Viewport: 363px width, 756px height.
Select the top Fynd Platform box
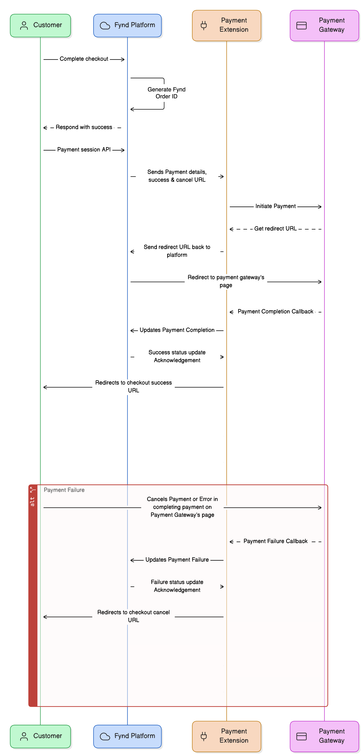127,25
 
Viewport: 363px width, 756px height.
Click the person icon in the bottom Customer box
24,736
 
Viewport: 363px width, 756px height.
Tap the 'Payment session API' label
84,150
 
